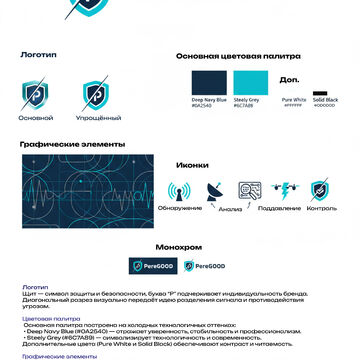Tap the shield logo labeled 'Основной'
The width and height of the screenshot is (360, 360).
35,96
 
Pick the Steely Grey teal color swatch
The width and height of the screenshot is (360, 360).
248,82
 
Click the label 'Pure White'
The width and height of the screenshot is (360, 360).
293,99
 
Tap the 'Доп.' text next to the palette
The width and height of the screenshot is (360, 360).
289,78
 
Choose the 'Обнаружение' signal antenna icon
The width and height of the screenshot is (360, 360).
180,190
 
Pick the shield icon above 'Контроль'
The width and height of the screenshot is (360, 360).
320,189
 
